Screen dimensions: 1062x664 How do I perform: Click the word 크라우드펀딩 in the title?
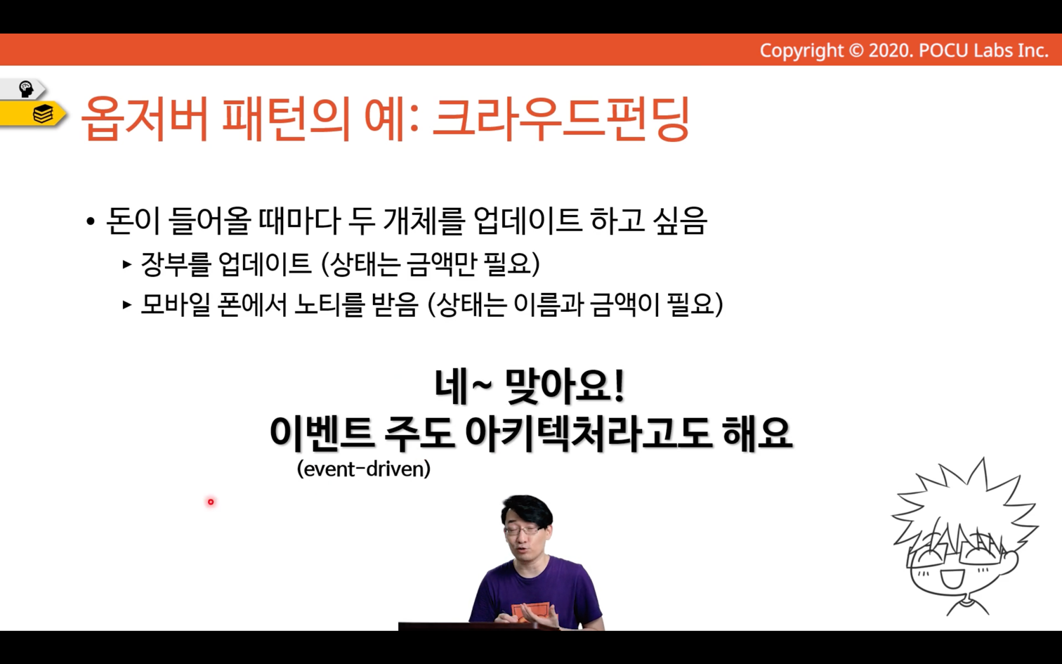click(561, 119)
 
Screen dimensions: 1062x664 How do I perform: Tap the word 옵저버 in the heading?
click(145, 119)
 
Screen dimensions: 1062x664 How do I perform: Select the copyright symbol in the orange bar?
click(855, 51)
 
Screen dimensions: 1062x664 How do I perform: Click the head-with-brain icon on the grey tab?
click(26, 89)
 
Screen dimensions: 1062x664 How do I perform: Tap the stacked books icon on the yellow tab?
click(43, 115)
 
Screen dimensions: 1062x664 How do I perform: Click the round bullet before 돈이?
click(91, 221)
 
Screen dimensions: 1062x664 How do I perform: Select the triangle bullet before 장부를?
click(126, 264)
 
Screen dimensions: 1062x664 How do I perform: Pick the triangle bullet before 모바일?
click(126, 304)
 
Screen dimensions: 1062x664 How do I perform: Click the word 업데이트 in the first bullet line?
click(527, 221)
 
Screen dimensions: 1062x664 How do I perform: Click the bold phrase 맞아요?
click(565, 387)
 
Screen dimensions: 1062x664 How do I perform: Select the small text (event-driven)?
click(364, 469)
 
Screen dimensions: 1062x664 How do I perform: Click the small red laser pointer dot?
click(211, 502)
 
